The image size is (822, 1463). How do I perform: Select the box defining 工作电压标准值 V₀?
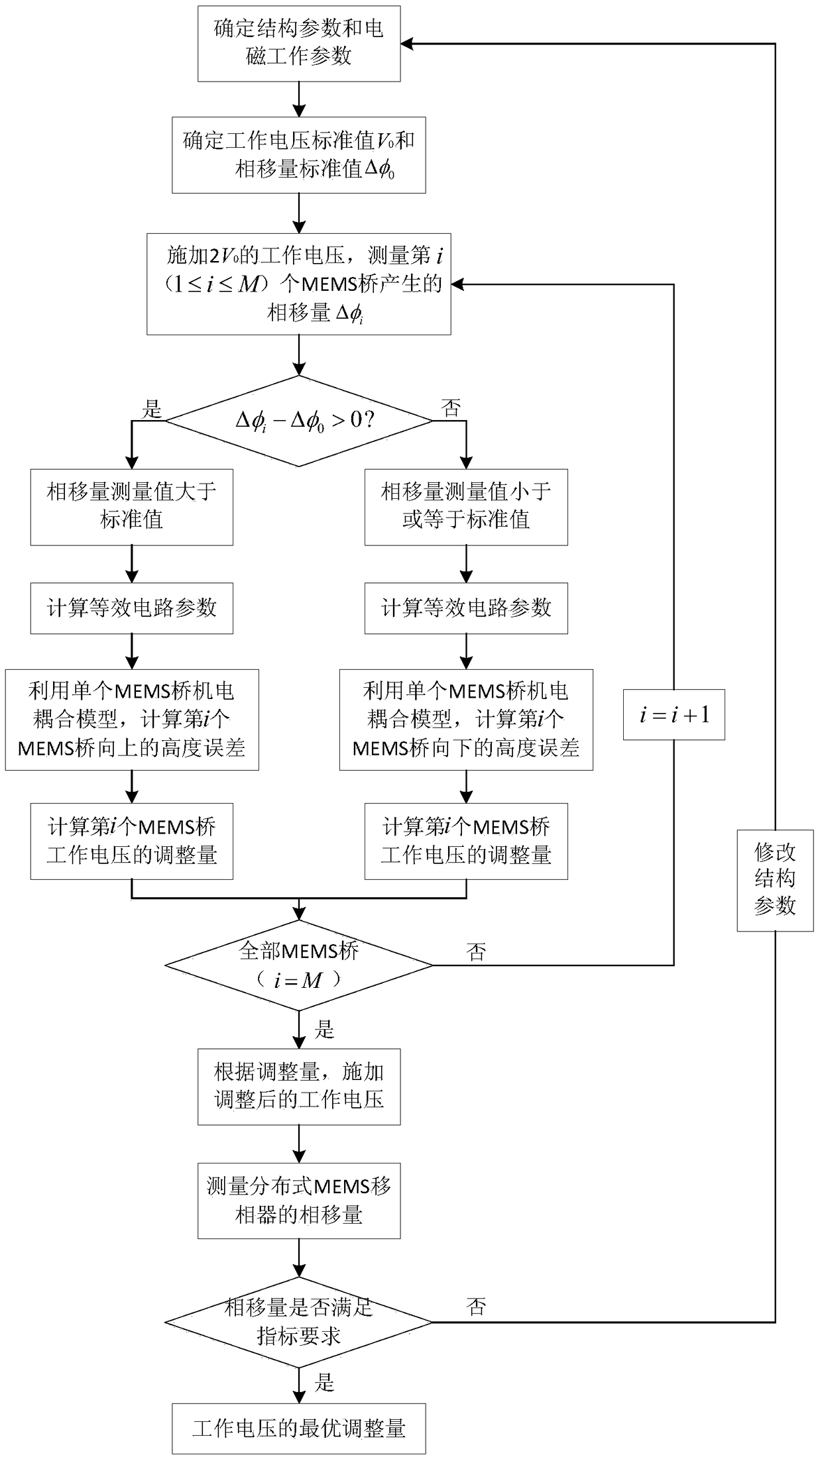point(299,155)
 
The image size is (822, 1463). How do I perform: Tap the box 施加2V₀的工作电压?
point(299,284)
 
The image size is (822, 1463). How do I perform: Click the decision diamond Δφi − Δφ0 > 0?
point(299,421)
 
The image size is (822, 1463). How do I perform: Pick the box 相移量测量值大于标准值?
point(131,507)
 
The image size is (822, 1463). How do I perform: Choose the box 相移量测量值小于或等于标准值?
point(466,507)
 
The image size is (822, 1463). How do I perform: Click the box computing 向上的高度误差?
point(131,720)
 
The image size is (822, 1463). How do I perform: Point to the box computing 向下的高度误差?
point(466,720)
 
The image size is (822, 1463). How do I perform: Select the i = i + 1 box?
point(674,714)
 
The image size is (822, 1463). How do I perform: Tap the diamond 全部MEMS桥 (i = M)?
point(299,965)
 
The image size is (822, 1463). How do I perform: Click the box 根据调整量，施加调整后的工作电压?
point(299,1087)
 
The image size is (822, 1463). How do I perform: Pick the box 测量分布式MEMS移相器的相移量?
point(299,1201)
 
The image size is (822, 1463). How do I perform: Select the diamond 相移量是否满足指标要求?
point(299,1322)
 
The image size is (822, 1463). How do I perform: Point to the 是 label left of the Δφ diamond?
point(152,409)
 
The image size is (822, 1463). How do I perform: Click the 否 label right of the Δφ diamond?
point(451,408)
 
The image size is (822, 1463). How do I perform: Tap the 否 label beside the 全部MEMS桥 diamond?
point(476,952)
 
